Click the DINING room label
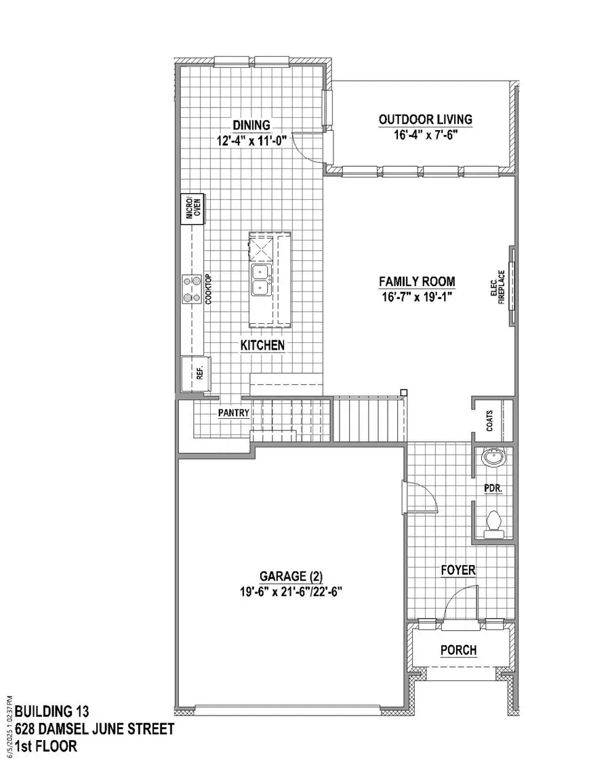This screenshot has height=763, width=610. pyautogui.click(x=251, y=125)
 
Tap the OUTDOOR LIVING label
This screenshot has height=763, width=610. pyautogui.click(x=425, y=120)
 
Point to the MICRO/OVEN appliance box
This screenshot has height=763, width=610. pyautogui.click(x=193, y=209)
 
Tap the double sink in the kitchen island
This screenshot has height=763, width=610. pyautogui.click(x=262, y=280)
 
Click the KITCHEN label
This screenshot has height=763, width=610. pyautogui.click(x=262, y=346)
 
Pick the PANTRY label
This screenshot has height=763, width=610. pyautogui.click(x=234, y=412)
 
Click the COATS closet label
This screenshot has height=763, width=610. pyautogui.click(x=489, y=421)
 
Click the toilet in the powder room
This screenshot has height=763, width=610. pyautogui.click(x=495, y=522)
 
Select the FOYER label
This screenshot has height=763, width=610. pyautogui.click(x=457, y=571)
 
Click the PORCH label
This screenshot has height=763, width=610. pyautogui.click(x=458, y=651)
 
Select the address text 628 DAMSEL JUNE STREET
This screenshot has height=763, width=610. pyautogui.click(x=95, y=729)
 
